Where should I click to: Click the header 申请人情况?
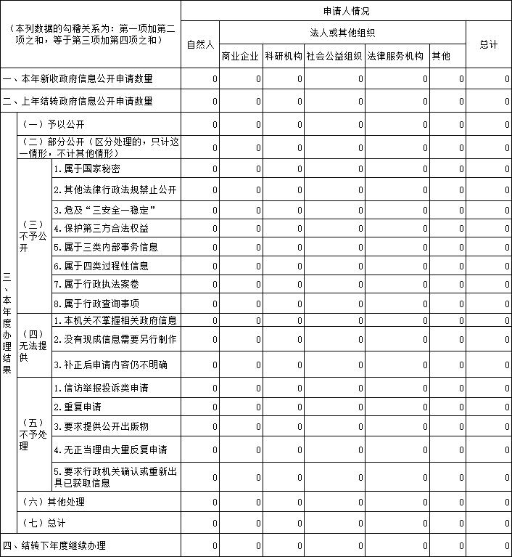point(346,11)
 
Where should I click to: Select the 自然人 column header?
point(200,44)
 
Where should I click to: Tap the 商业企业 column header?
point(240,56)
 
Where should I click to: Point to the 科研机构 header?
point(283,56)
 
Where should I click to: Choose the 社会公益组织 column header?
point(334,56)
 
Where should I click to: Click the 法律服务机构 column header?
point(395,56)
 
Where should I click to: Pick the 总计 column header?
point(489,44)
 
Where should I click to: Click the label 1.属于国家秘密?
point(87,168)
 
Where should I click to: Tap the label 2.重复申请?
point(78,407)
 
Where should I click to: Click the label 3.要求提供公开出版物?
point(102,426)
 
